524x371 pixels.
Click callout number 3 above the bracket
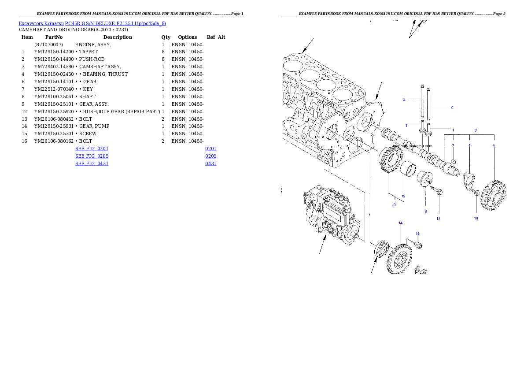tap(476, 131)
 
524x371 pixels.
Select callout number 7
tap(453, 145)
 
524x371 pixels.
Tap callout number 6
tap(494, 145)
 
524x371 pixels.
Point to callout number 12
tap(403, 196)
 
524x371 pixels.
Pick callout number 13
tap(438, 219)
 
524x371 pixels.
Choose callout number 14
tap(401, 223)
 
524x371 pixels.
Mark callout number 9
tap(395, 204)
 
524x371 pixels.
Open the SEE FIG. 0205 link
tap(92, 156)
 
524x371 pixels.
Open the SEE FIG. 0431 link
tap(92, 163)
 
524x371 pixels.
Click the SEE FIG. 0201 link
tap(92, 149)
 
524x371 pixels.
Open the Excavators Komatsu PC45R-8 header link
tap(92, 23)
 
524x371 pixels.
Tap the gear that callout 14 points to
tap(400, 260)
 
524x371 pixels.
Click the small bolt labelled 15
tap(419, 244)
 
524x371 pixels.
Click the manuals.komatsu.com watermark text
tap(412, 146)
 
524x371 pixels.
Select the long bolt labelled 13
tap(437, 190)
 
